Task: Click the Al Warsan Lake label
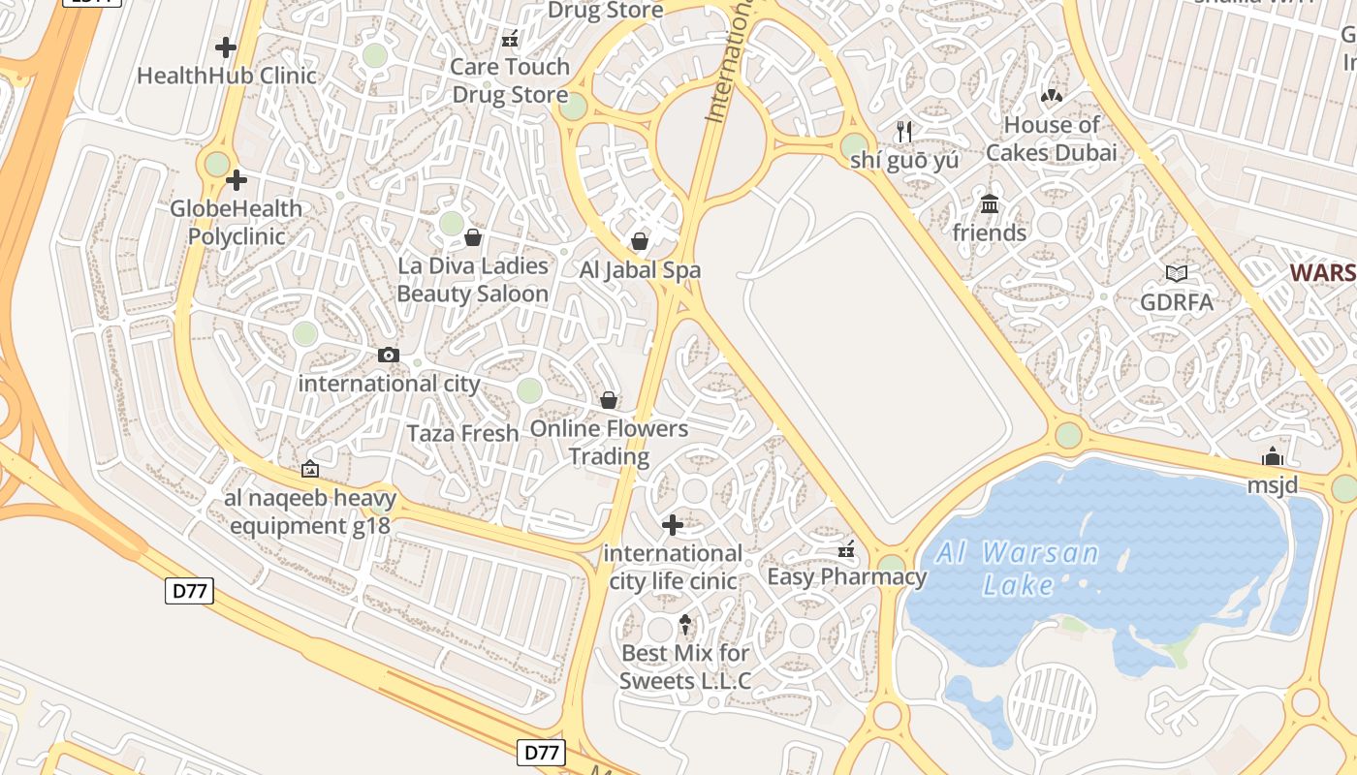[x=1017, y=569]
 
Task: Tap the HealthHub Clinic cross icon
[x=226, y=46]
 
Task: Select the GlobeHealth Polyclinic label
[x=236, y=222]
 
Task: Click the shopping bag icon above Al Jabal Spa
[x=640, y=241]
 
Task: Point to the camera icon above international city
[x=389, y=356]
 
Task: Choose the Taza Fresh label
[x=462, y=433]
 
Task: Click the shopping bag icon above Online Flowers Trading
[x=609, y=400]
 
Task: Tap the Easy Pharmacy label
[x=846, y=577]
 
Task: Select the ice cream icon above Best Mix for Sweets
[x=685, y=624]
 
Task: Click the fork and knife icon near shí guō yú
[x=904, y=132]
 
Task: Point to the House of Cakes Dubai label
[x=1052, y=139]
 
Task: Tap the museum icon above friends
[x=990, y=204]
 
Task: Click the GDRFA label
[x=1177, y=302]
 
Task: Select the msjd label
[x=1272, y=484]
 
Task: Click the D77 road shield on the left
[x=189, y=591]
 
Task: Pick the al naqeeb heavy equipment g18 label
[x=310, y=512]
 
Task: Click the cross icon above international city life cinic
[x=672, y=525]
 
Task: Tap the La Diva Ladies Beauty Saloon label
[x=473, y=279]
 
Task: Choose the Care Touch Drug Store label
[x=510, y=80]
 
